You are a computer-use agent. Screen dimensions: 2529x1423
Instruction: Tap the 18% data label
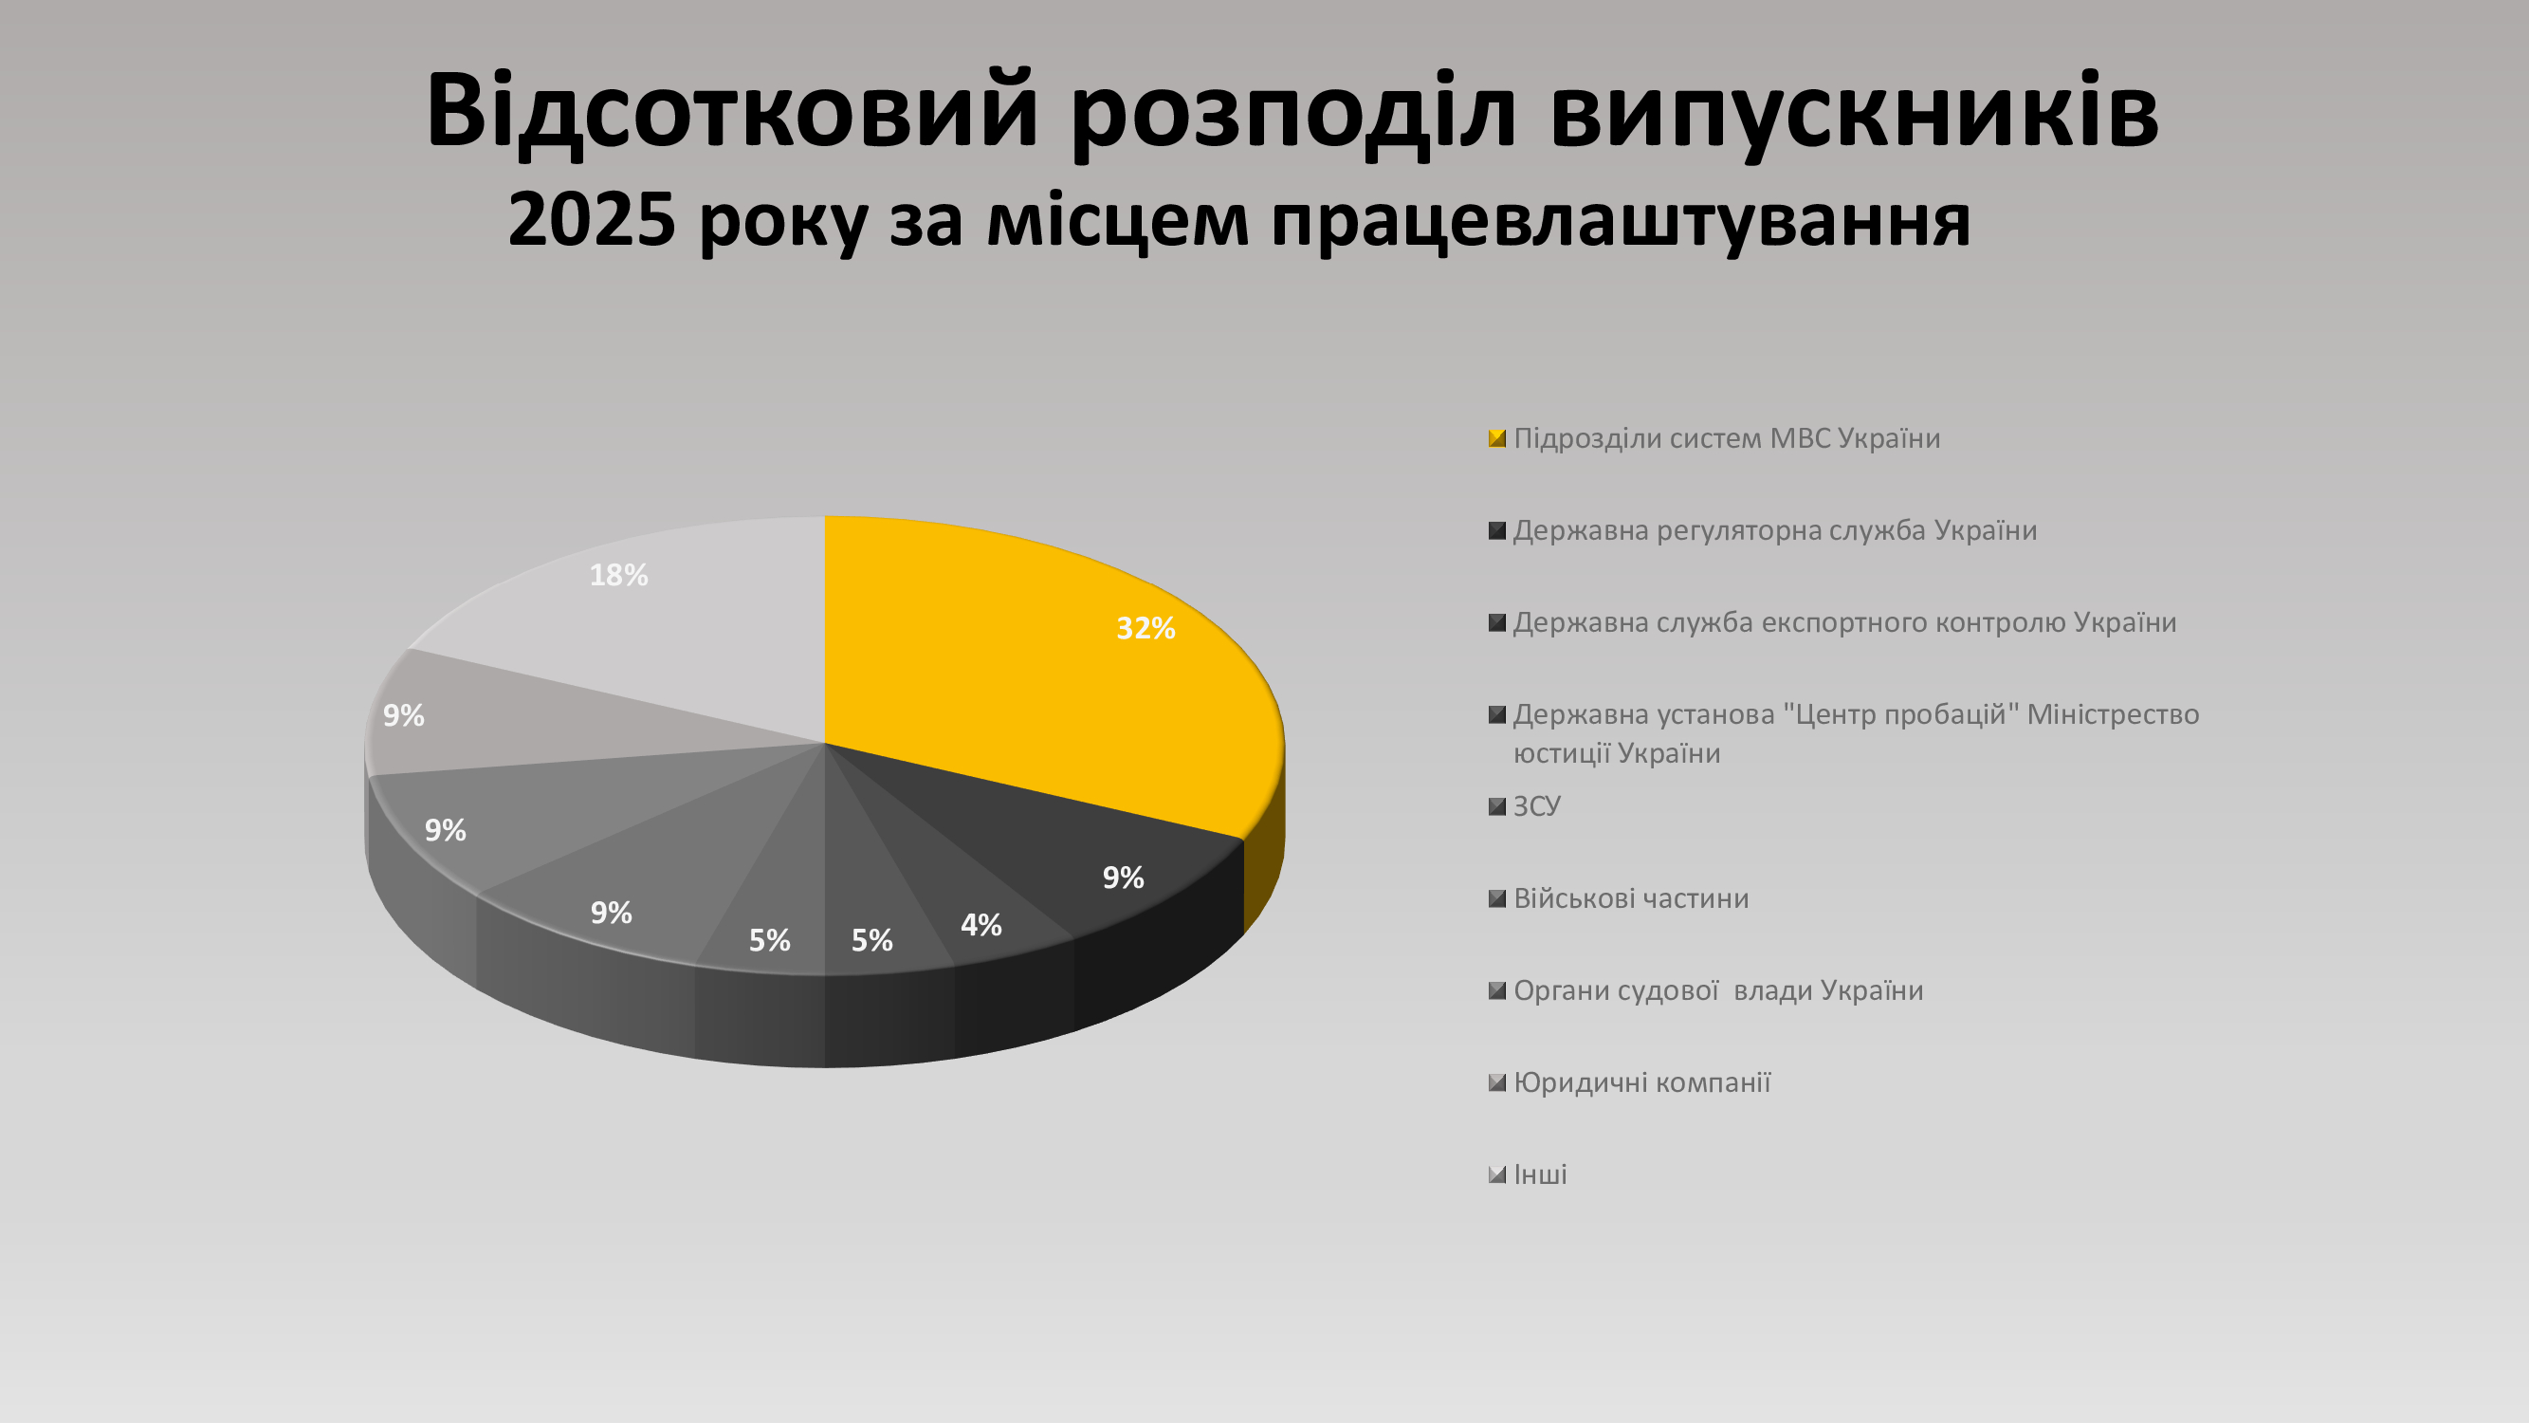618,576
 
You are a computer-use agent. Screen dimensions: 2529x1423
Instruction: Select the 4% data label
980,925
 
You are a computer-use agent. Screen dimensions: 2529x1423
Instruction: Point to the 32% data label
1145,629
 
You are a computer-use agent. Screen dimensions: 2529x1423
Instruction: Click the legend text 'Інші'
1540,1174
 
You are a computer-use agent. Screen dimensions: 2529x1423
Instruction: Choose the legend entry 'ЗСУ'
1525,806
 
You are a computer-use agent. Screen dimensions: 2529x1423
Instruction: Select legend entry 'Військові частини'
1619,898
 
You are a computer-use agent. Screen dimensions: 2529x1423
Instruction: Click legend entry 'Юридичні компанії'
1630,1082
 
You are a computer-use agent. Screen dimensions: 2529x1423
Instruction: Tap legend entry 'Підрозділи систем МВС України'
1714,438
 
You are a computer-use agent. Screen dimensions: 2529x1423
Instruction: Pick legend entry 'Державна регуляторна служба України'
1763,530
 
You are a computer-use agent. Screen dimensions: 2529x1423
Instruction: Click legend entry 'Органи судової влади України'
1706,989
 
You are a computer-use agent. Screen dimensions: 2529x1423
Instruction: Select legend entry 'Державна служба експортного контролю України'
1833,622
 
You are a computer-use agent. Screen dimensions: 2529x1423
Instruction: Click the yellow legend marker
1497,438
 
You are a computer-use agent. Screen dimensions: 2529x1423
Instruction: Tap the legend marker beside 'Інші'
1497,1174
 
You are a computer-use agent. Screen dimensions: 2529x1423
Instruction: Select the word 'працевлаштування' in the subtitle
1621,222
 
